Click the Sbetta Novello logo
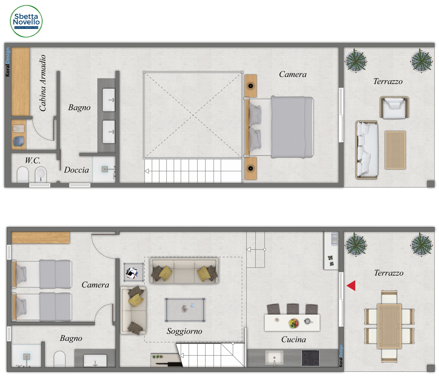coord(26,21)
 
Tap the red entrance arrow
coord(351,286)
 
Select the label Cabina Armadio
coord(43,83)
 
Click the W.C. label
coord(33,161)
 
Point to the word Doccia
coord(76,170)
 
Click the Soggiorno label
coord(184,331)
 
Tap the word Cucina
coord(293,339)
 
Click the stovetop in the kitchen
coord(310,358)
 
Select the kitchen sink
coord(274,358)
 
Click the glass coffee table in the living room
coord(185,310)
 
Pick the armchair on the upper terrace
coord(394,108)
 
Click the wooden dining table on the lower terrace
coord(389,326)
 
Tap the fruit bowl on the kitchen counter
coord(294,323)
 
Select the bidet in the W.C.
coord(40,174)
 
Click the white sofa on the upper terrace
coord(367,150)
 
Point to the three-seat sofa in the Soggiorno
coord(184,270)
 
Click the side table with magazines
coord(134,272)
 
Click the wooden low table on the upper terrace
coord(395,150)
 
